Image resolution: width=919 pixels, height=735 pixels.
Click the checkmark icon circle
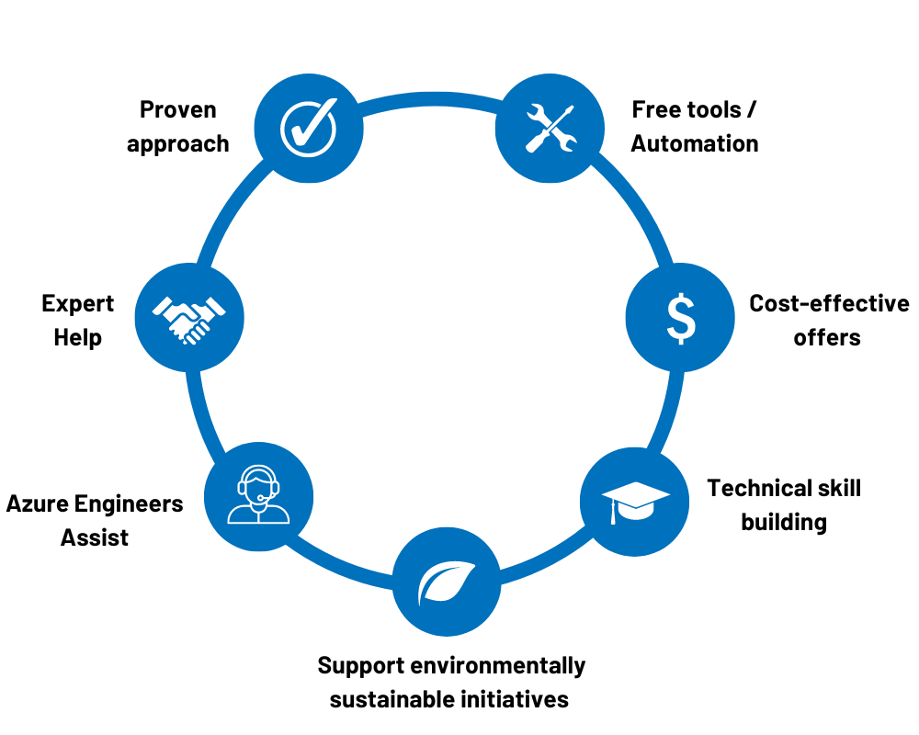pyautogui.click(x=308, y=129)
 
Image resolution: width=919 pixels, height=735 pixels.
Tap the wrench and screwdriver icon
pyautogui.click(x=550, y=129)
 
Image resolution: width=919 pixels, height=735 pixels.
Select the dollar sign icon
pyautogui.click(x=680, y=318)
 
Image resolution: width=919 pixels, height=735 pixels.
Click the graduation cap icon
pyautogui.click(x=635, y=502)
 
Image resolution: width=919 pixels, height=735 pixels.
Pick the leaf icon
pyautogui.click(x=447, y=582)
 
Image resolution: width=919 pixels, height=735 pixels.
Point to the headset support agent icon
pyautogui.click(x=258, y=496)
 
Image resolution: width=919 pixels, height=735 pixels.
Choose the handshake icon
pyautogui.click(x=189, y=318)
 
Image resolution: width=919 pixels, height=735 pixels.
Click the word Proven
pyautogui.click(x=178, y=110)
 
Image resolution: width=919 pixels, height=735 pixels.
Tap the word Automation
pyautogui.click(x=695, y=144)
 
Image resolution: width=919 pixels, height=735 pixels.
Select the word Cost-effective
pyautogui.click(x=829, y=304)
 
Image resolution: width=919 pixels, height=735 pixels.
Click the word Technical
pyautogui.click(x=759, y=488)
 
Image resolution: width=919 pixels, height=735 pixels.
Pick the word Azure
pyautogui.click(x=38, y=503)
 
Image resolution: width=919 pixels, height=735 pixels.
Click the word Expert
pyautogui.click(x=78, y=304)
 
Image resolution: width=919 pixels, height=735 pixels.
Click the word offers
pyautogui.click(x=827, y=338)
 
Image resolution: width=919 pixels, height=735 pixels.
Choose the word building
pyautogui.click(x=784, y=523)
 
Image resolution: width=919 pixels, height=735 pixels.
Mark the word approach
pyautogui.click(x=178, y=144)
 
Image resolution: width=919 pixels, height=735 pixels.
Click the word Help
pyautogui.click(x=78, y=338)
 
